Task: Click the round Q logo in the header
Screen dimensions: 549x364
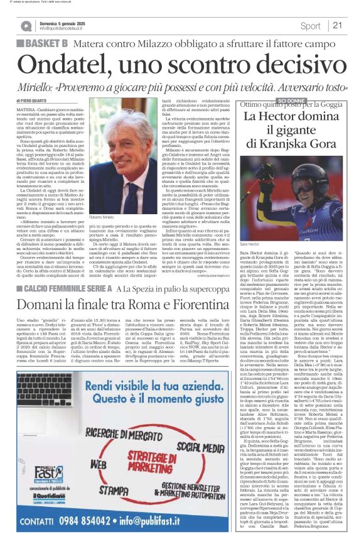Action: [26, 26]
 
